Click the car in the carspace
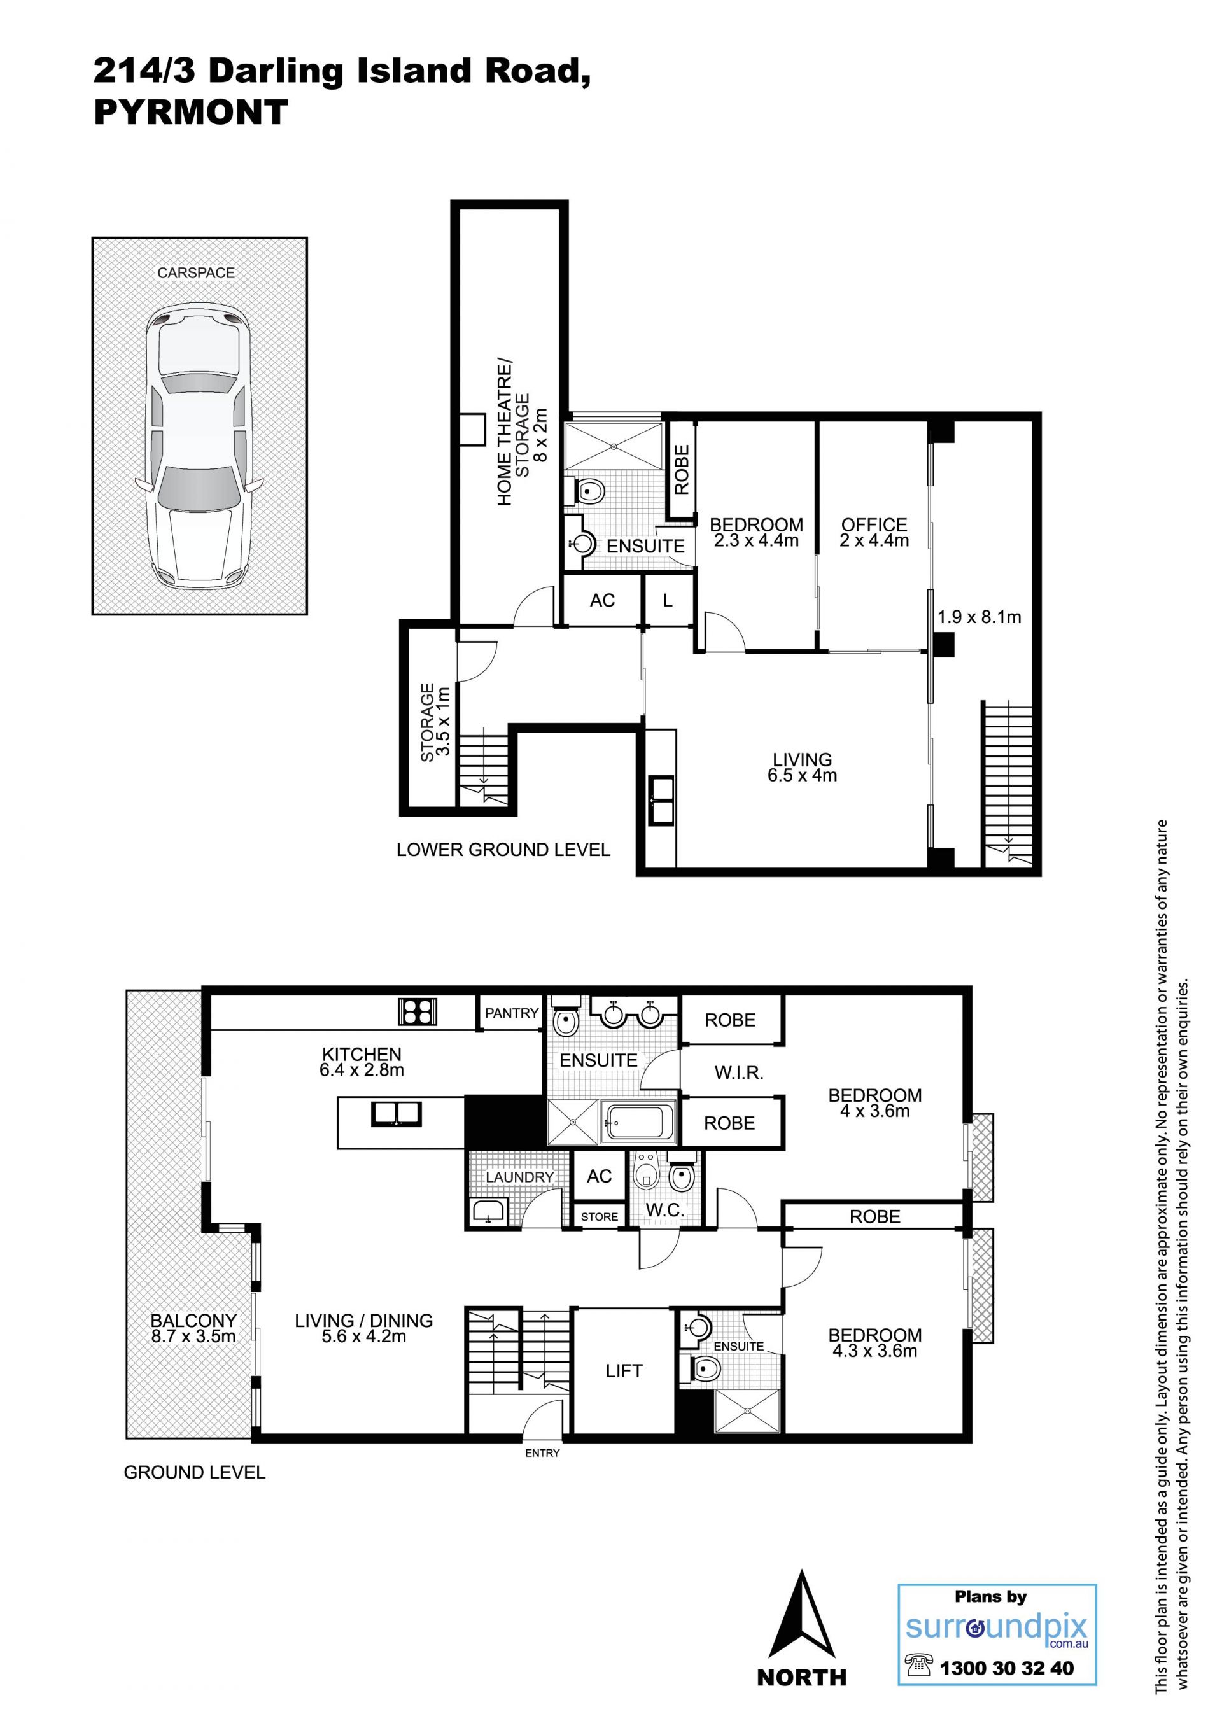199,447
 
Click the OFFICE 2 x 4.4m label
874,532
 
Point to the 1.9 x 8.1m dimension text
979,617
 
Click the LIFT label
624,1371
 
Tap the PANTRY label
512,1013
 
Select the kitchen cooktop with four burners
418,1011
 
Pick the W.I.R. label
739,1073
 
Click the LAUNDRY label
519,1177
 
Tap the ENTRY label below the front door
542,1453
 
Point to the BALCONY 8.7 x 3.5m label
193,1328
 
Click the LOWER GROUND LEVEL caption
503,850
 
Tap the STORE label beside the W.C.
599,1217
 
